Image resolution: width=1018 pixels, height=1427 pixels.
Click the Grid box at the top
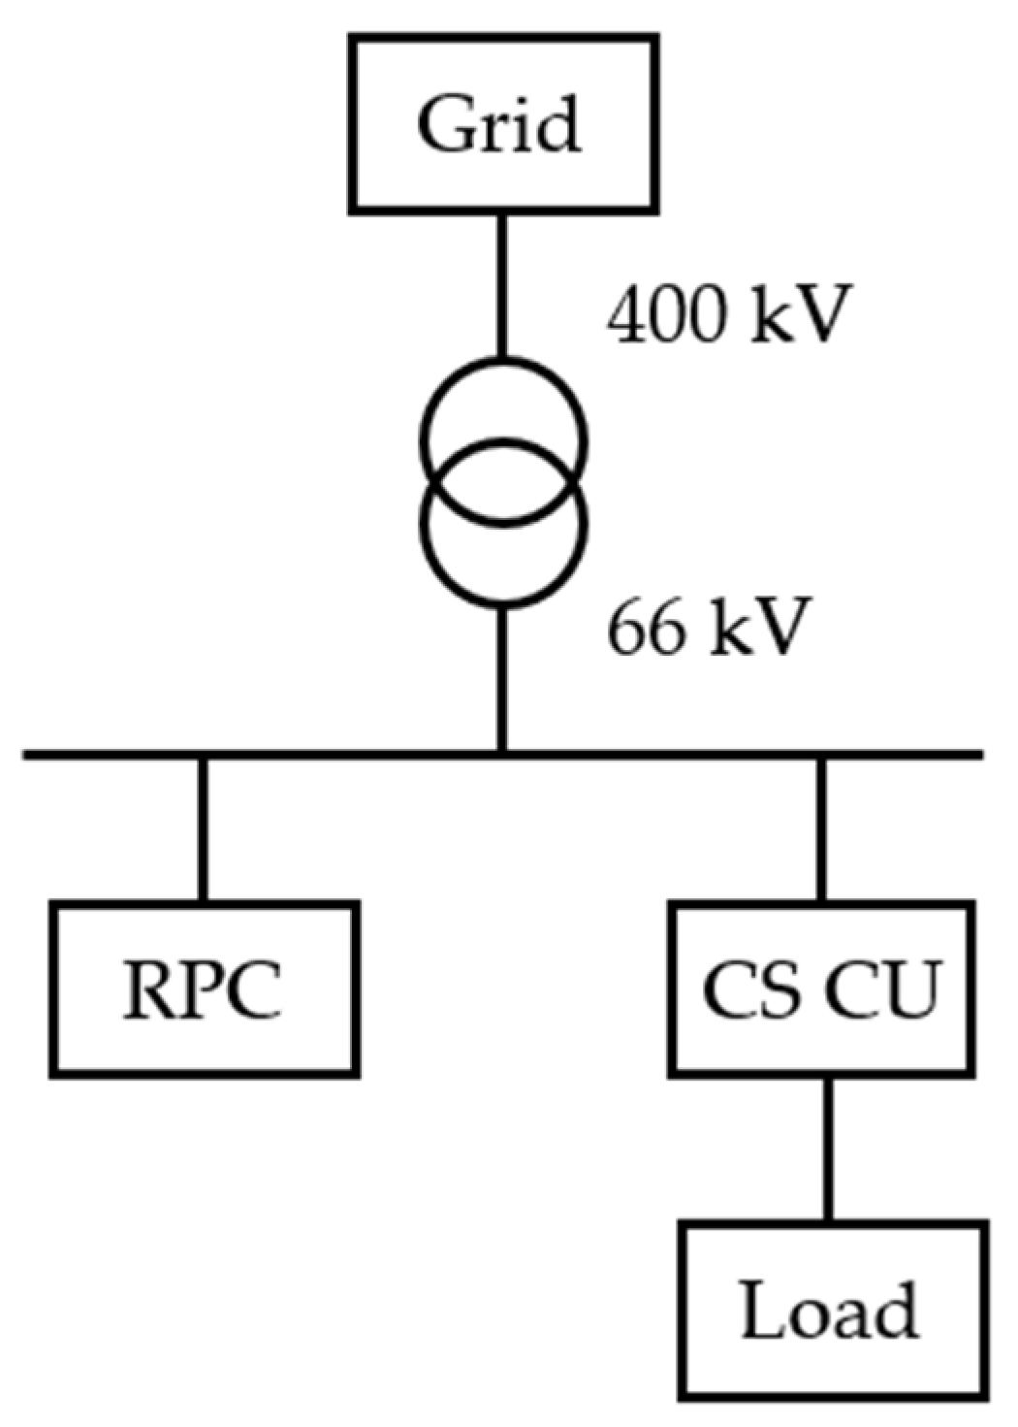coord(503,124)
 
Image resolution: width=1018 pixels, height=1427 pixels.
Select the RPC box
coord(205,989)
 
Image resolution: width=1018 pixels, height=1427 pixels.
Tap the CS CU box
coord(822,989)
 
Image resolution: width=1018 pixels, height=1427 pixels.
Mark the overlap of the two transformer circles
coord(503,483)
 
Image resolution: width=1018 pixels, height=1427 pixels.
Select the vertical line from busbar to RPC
coord(203,828)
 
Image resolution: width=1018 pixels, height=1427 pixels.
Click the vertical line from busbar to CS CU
coord(822,828)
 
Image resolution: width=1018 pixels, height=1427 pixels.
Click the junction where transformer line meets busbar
coord(502,753)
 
